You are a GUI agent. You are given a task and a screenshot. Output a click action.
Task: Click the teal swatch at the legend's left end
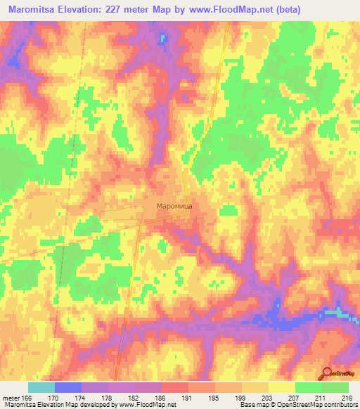click(41, 387)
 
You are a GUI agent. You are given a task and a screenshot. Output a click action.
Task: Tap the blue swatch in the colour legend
click(67, 387)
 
